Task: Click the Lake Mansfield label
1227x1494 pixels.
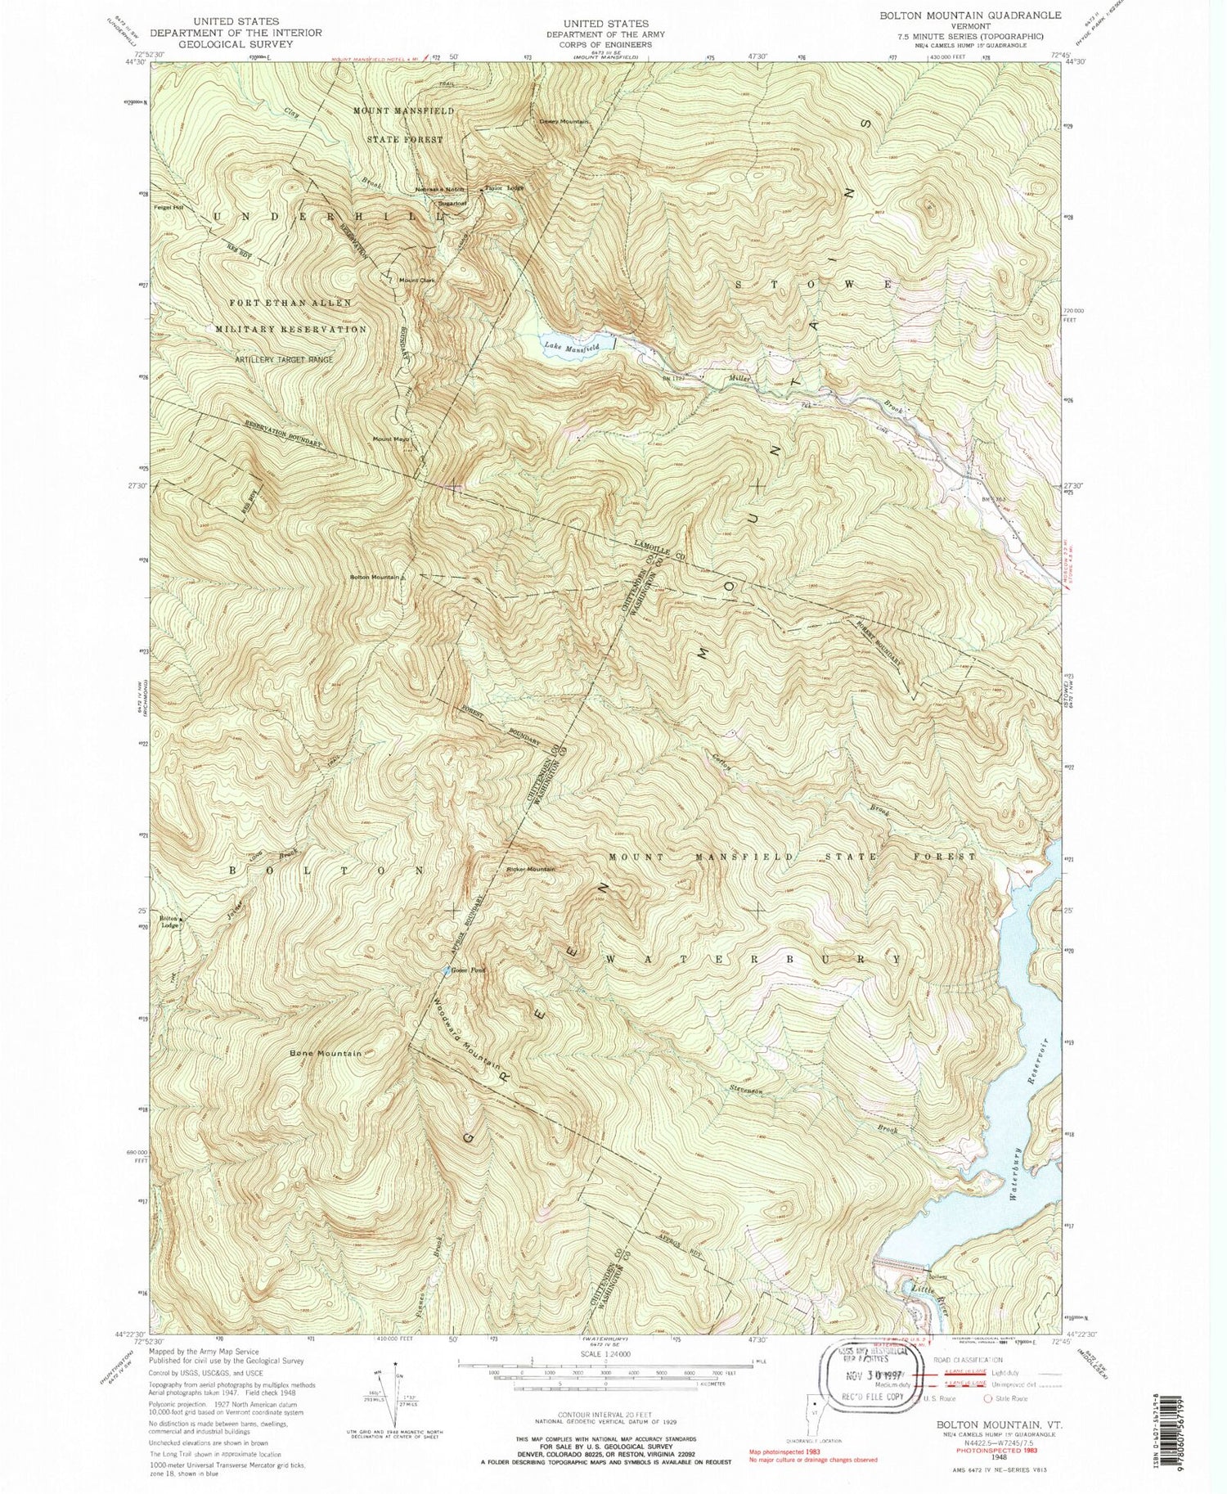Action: click(x=572, y=348)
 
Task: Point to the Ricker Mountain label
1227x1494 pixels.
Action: click(x=530, y=869)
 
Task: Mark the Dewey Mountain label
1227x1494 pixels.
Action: click(x=563, y=121)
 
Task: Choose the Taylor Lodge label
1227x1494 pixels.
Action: click(x=504, y=187)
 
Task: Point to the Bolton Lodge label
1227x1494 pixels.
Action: click(x=169, y=922)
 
